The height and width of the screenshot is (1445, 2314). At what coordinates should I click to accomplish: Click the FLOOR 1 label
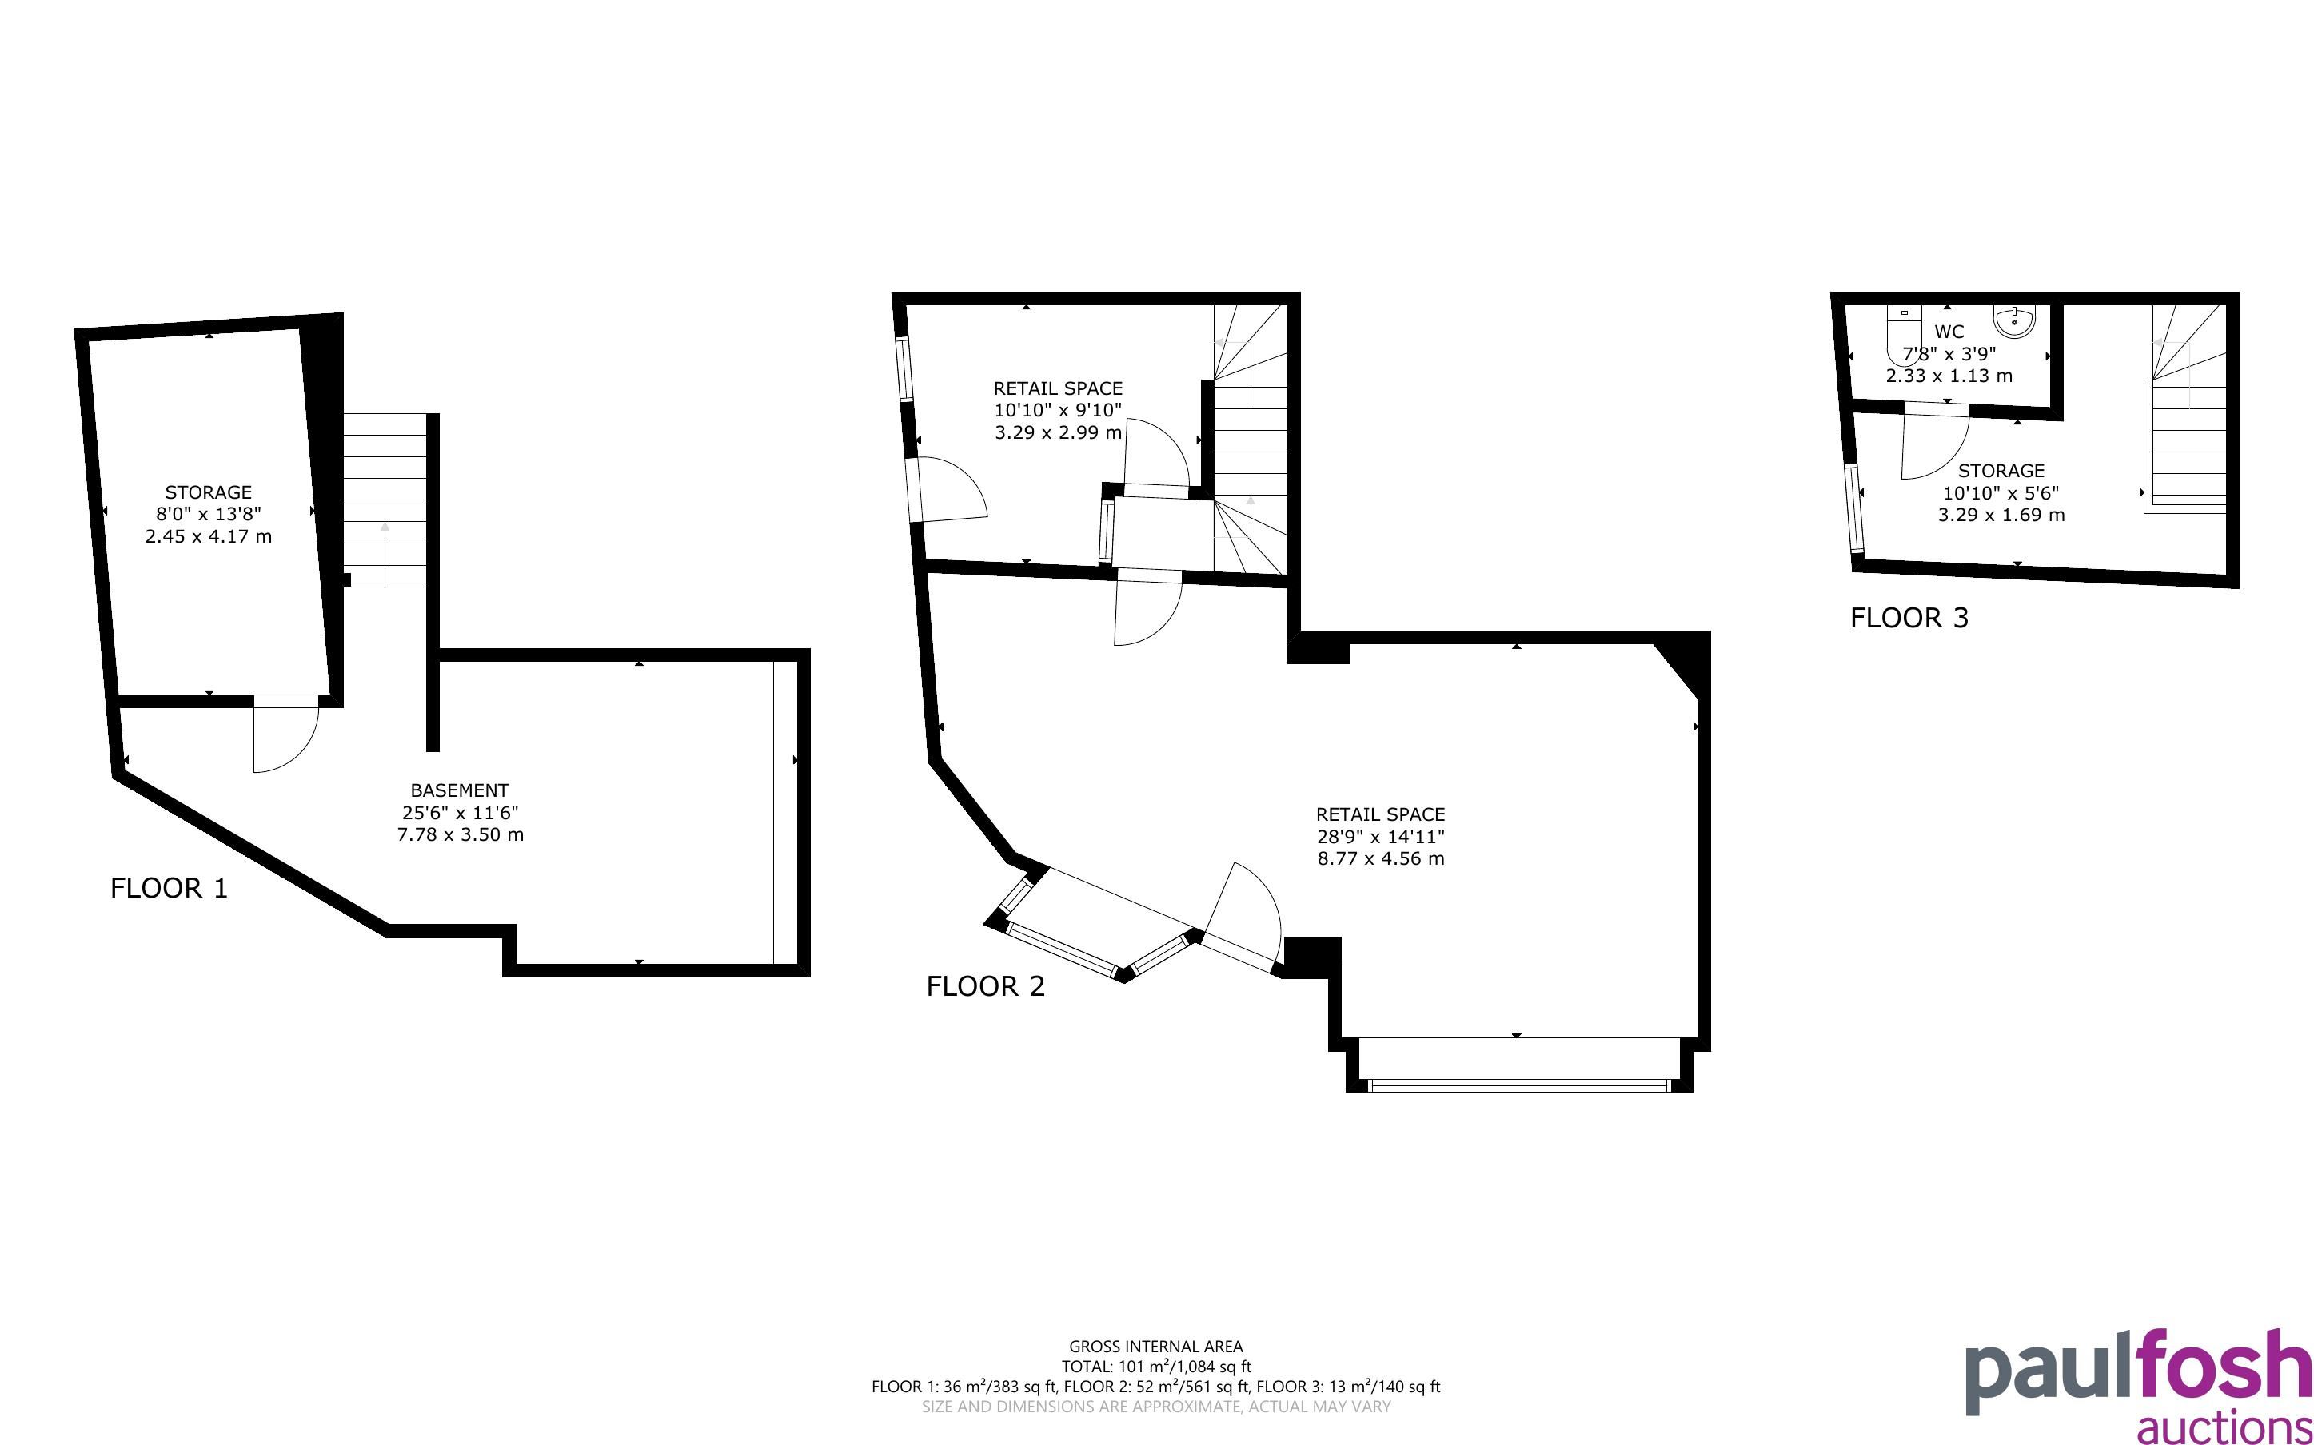coord(170,889)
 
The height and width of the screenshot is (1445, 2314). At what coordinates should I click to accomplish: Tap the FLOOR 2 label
coord(985,986)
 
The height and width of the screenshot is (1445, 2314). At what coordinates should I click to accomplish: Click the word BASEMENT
coord(460,790)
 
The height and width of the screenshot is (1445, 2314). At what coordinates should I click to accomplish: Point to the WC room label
coord(1949,332)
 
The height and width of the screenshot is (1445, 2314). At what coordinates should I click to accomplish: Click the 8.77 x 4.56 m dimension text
coord(1380,858)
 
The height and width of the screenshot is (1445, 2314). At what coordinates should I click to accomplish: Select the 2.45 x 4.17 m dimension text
coord(209,536)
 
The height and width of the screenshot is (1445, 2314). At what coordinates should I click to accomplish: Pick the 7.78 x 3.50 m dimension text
coord(460,834)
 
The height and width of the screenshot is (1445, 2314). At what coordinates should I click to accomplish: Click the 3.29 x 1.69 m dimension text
coord(2001,516)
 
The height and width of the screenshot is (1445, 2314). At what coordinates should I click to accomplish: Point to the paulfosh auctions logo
coord(2139,1386)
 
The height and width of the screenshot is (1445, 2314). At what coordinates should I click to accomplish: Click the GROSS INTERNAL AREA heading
coord(1155,1347)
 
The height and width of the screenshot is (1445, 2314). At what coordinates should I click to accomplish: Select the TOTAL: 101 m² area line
coord(1155,1367)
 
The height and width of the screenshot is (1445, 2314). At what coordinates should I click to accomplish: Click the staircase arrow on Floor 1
coord(385,552)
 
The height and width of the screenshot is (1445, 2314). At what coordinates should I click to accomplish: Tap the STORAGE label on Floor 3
coord(2001,472)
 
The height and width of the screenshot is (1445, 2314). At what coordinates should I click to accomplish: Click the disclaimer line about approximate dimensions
coord(1155,1407)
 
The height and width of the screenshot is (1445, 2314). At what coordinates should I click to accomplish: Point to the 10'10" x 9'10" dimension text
coord(1058,410)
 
